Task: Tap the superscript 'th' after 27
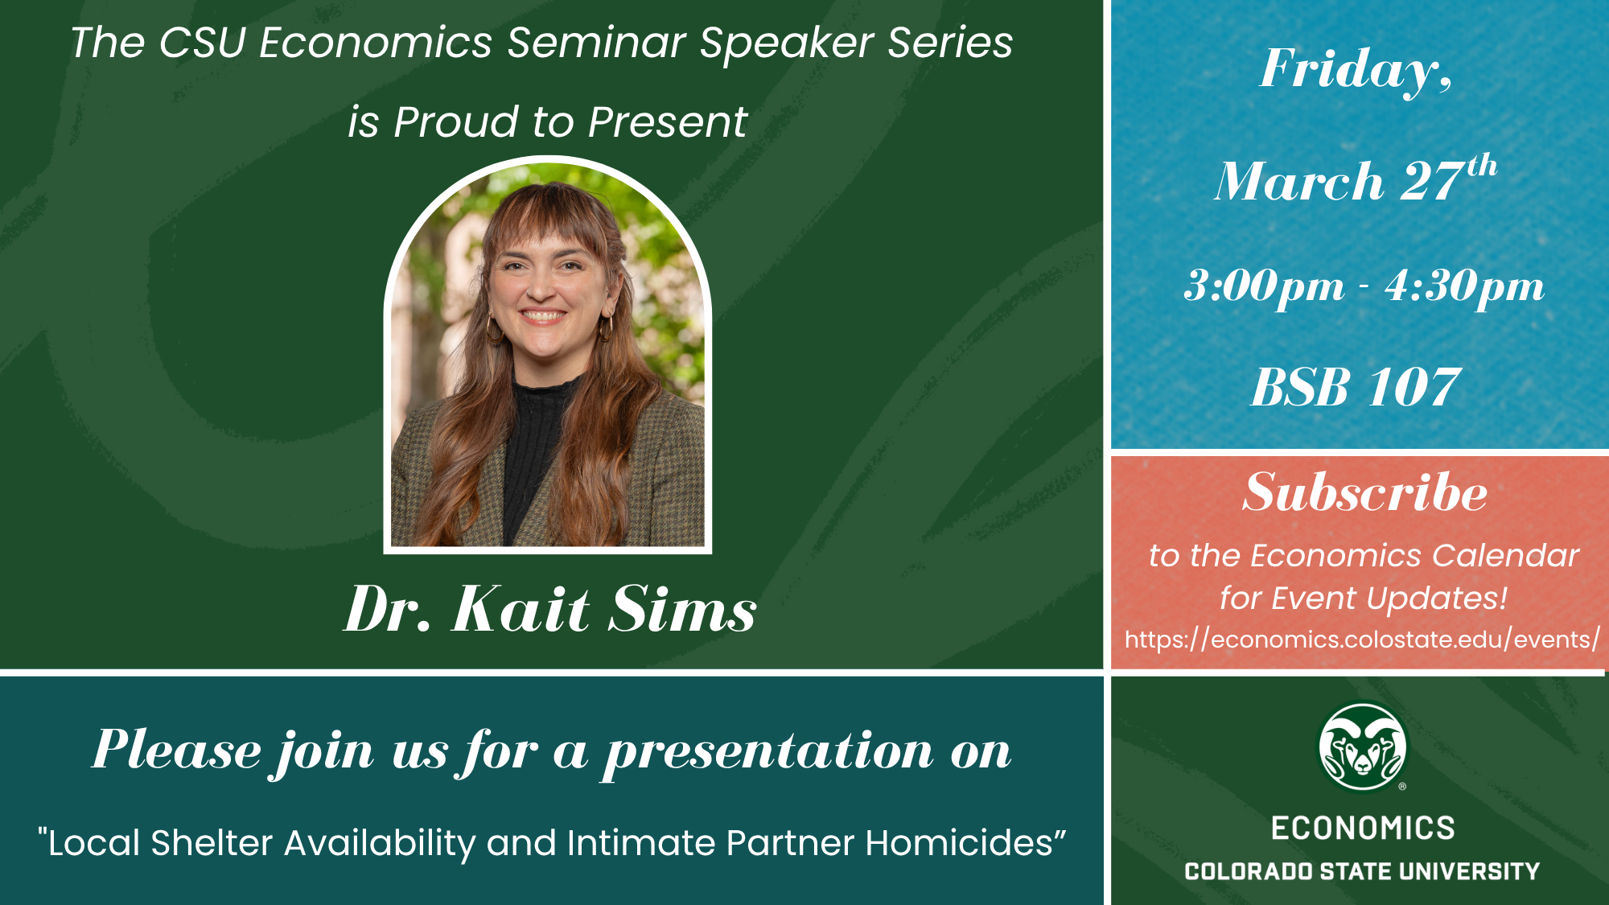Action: (1482, 167)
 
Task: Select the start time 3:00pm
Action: (1264, 287)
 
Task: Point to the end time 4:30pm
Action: (1464, 287)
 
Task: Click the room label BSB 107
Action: (1356, 387)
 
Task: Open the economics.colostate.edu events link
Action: (1362, 640)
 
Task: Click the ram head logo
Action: (1362, 747)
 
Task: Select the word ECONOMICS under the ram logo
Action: (1363, 828)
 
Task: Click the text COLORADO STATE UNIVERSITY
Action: (1362, 871)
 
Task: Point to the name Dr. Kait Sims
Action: (551, 609)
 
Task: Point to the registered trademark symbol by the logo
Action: (1402, 787)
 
